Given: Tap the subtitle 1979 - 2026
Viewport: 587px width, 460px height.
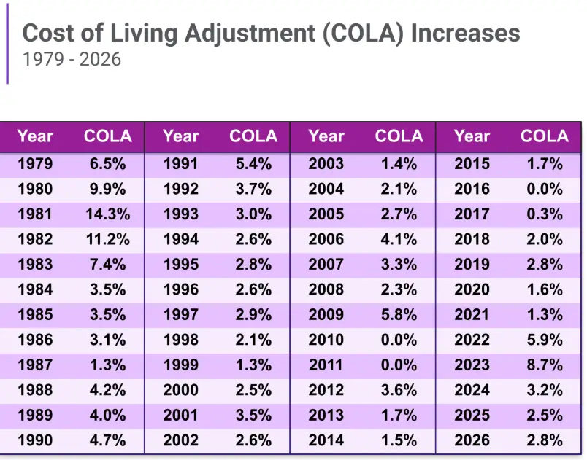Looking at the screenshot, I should [x=72, y=59].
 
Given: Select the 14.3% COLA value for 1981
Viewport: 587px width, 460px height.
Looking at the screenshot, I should [x=108, y=214].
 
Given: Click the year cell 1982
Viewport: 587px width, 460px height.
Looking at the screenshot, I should [x=35, y=239].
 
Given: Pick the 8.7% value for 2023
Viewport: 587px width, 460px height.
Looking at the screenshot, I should [x=545, y=365].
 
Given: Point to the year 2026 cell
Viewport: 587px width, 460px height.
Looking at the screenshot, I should [x=472, y=440].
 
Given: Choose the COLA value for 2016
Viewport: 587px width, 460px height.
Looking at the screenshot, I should [x=545, y=189].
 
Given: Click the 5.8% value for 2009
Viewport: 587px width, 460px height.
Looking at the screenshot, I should [x=399, y=314].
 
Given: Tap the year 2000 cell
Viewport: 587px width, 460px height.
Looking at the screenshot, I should [x=180, y=389].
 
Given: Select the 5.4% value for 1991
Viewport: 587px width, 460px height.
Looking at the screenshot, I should [x=253, y=164].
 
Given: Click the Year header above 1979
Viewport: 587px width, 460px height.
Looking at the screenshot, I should [x=35, y=136].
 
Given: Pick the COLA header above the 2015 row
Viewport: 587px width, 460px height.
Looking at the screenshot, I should [x=545, y=136].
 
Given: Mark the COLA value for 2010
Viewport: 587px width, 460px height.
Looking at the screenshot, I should [x=399, y=340].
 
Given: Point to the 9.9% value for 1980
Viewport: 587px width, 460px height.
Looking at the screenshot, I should [x=108, y=189].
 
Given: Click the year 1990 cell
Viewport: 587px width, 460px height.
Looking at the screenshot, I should [x=35, y=440].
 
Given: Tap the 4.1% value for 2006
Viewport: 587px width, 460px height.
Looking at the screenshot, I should [x=399, y=239].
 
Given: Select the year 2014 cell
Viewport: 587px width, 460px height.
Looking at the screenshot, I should [x=326, y=440].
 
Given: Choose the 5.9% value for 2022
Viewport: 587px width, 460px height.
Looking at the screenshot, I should [x=545, y=340].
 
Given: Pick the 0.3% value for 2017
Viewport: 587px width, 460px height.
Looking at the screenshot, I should [x=545, y=214].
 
